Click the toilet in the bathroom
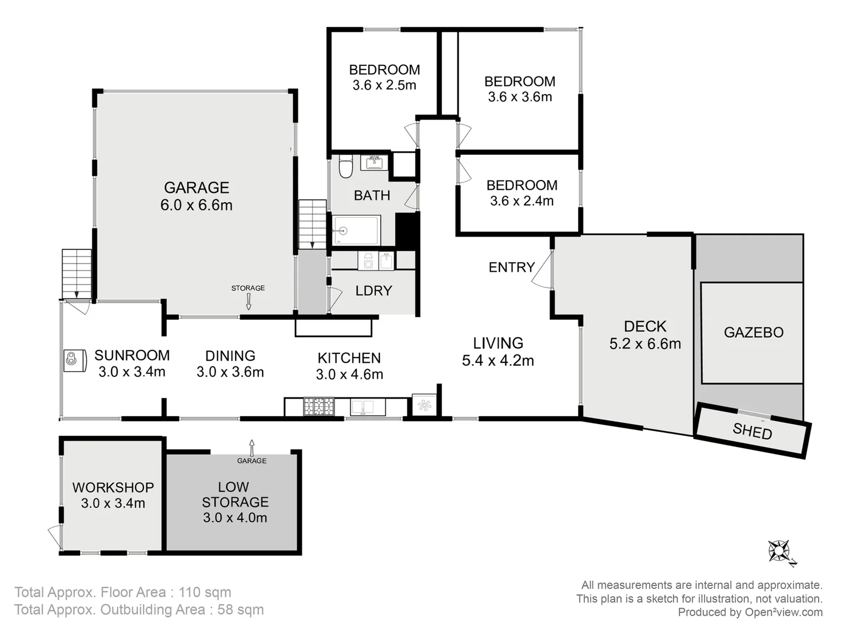point(346,166)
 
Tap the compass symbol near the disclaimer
point(779,551)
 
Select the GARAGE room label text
point(196,188)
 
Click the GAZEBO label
point(753,332)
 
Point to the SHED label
point(752,432)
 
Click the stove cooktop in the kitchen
point(319,407)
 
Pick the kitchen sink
point(367,407)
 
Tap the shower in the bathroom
point(356,231)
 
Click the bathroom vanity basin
point(374,162)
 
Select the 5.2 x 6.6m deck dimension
point(645,344)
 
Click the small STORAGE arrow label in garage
point(248,288)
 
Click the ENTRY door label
point(512,267)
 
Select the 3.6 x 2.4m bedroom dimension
point(522,201)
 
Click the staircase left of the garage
point(77,273)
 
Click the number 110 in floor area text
point(190,592)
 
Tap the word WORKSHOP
point(113,487)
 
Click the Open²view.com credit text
point(783,612)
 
